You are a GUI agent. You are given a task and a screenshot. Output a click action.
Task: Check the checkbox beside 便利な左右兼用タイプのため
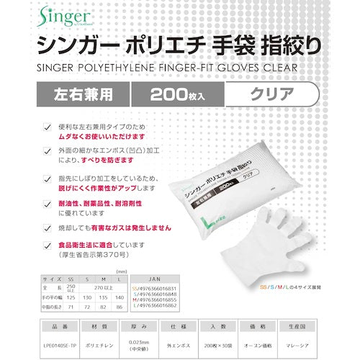(x=48, y=127)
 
